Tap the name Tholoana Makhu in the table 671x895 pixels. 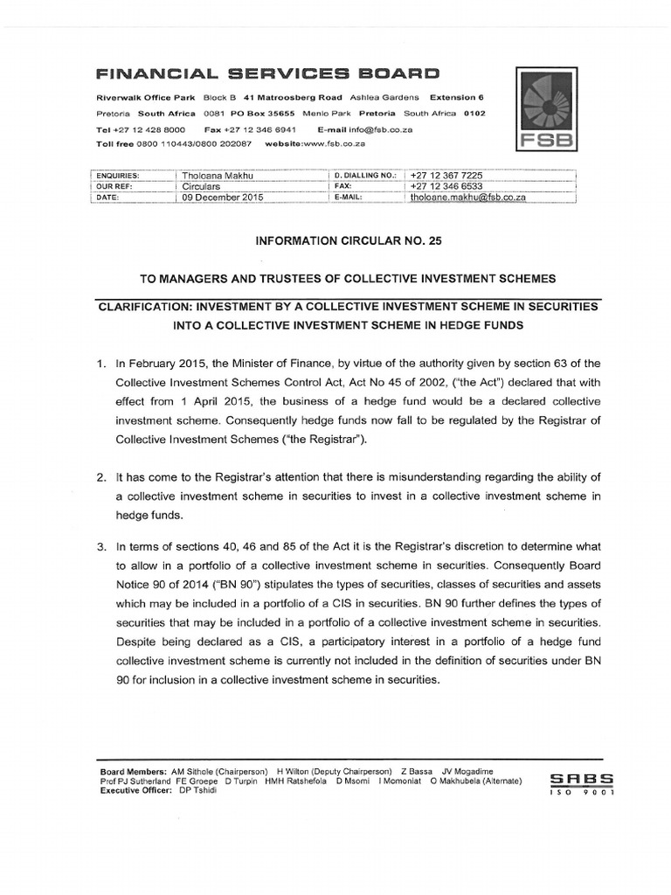(x=216, y=175)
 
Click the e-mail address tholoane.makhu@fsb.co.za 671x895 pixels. (x=467, y=198)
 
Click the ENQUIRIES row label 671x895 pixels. (x=120, y=175)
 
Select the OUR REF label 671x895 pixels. (x=116, y=186)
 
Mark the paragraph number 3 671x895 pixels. (x=100, y=545)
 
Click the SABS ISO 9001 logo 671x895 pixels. (x=582, y=782)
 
